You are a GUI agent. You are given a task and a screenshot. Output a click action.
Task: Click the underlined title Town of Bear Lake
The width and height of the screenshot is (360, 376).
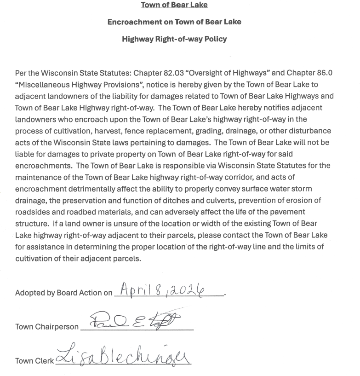(174, 5)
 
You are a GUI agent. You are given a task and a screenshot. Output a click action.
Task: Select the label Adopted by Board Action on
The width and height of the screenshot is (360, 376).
(63, 293)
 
